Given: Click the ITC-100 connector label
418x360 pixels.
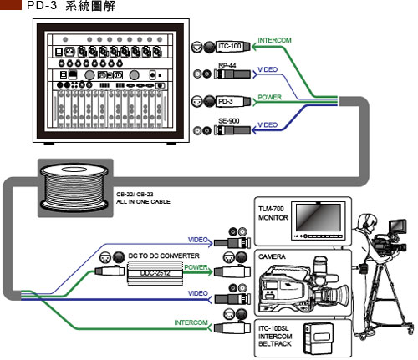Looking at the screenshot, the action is (229, 46).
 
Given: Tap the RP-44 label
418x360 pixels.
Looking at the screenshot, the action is (227, 65).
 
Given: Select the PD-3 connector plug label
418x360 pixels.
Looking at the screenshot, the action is (225, 101).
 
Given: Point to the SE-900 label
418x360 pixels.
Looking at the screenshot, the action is (229, 121).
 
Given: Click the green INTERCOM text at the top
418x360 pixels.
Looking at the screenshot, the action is (274, 40).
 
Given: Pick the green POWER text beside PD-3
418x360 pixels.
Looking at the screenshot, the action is (269, 97).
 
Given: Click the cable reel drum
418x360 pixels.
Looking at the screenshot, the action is (74, 187).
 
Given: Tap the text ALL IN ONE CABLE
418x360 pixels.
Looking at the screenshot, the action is (143, 201).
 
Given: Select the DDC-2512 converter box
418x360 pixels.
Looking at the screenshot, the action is (155, 274).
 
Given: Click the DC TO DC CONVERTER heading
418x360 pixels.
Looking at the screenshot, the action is (164, 256).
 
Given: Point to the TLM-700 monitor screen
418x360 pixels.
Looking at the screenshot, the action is (319, 217).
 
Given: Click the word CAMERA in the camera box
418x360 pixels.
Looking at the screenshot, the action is (272, 256).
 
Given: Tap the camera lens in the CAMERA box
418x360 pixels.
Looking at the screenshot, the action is (338, 296).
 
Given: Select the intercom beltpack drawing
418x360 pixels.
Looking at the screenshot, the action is (319, 338).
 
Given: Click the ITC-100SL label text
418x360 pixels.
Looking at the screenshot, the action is (273, 328).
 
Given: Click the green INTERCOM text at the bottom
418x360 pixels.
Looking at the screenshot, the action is (191, 322).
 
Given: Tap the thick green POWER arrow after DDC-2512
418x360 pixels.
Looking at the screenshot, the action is (198, 271).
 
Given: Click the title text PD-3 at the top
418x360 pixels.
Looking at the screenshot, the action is (42, 6).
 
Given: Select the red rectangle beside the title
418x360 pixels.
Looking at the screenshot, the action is (11, 5).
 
